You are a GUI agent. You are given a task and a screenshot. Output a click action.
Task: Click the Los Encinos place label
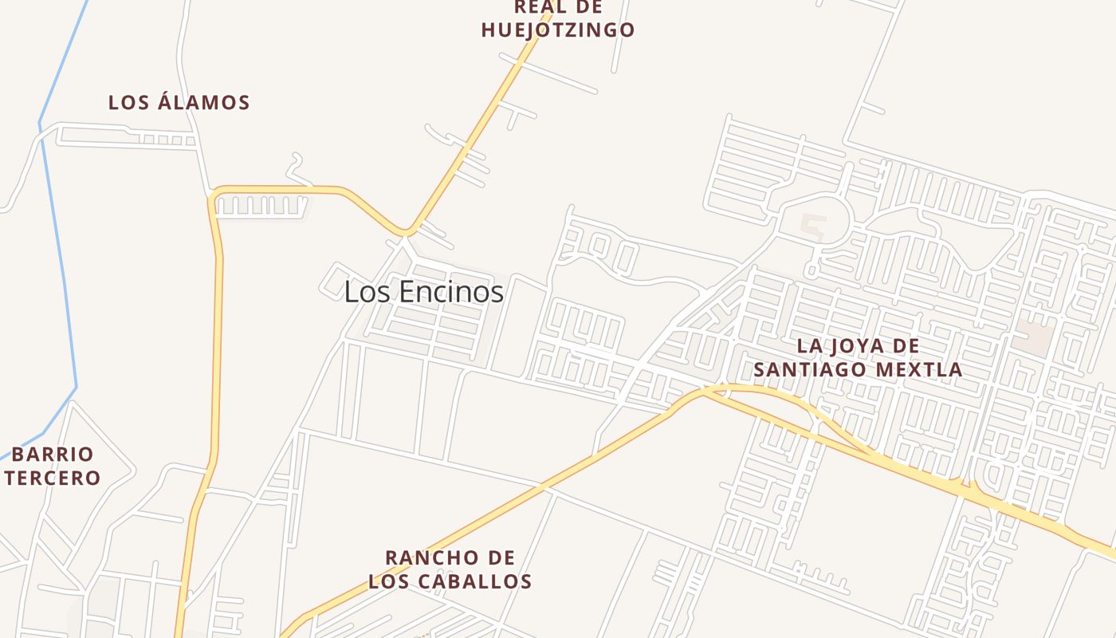(423, 292)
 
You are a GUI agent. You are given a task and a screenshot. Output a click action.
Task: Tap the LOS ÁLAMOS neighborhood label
(179, 102)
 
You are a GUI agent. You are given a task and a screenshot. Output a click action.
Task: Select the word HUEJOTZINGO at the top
(558, 30)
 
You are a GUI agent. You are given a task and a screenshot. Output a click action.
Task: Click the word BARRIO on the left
(53, 455)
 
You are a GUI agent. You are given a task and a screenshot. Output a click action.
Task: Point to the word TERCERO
(53, 478)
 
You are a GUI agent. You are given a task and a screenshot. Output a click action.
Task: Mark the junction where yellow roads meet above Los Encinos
(407, 231)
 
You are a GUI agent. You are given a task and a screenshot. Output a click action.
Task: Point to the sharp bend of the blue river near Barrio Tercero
(76, 388)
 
